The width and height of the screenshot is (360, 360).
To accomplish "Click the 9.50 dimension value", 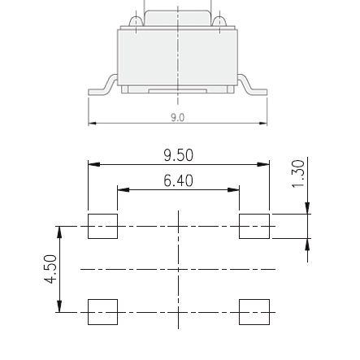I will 178,155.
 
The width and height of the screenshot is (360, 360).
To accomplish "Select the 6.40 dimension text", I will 178,180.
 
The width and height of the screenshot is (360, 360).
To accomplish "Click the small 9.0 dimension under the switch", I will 177,117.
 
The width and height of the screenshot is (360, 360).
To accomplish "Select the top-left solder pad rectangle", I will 103,226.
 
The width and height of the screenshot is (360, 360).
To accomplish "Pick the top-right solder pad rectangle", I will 254,226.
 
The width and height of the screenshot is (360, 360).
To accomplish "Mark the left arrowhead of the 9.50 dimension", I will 93,164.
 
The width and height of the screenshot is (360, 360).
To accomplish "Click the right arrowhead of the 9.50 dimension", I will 263,164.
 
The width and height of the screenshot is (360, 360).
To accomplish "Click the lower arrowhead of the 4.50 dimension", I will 59,306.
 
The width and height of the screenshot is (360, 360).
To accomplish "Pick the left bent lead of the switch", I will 102,87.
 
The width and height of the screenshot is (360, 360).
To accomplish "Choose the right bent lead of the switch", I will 253,87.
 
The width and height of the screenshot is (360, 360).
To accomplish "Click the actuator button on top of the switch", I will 177,18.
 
